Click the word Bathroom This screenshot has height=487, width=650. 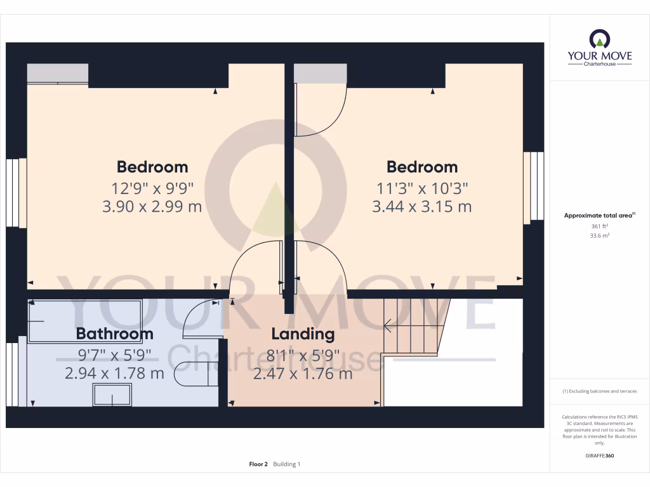point(114,334)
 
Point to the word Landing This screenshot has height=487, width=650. point(303,334)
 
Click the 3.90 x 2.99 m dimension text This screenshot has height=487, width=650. point(152,206)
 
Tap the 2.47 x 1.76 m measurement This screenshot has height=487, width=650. point(303,373)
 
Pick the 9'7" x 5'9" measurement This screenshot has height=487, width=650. point(114,354)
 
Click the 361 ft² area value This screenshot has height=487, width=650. point(600,226)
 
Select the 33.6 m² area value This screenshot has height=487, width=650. point(600,235)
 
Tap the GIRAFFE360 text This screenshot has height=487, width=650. point(600,456)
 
